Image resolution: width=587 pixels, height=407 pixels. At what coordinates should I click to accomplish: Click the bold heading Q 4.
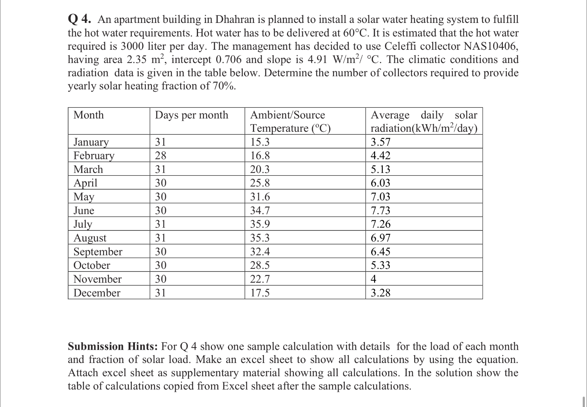(x=79, y=19)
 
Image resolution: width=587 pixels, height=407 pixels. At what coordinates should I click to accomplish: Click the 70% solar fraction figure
(x=224, y=86)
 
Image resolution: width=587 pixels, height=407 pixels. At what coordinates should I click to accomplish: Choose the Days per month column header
(x=191, y=115)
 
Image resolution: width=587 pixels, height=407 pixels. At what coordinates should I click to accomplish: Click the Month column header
(x=88, y=115)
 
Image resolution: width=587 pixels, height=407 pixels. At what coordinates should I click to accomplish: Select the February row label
(x=94, y=156)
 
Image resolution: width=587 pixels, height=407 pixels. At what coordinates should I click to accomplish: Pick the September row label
(x=98, y=252)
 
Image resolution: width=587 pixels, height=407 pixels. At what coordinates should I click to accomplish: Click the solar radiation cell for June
(x=380, y=210)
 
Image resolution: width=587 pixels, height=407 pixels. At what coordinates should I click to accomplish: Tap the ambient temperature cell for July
(x=260, y=224)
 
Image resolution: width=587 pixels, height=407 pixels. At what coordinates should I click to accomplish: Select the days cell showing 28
(x=161, y=156)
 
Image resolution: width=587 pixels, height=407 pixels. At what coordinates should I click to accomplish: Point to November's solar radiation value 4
(x=374, y=279)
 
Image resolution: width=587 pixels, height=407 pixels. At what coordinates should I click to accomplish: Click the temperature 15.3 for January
(x=260, y=142)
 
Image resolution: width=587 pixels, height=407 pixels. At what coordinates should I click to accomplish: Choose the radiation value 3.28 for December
(x=380, y=293)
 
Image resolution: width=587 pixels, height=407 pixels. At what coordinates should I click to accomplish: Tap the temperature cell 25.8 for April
(x=260, y=183)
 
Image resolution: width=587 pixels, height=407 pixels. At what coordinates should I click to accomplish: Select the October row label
(x=92, y=265)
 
